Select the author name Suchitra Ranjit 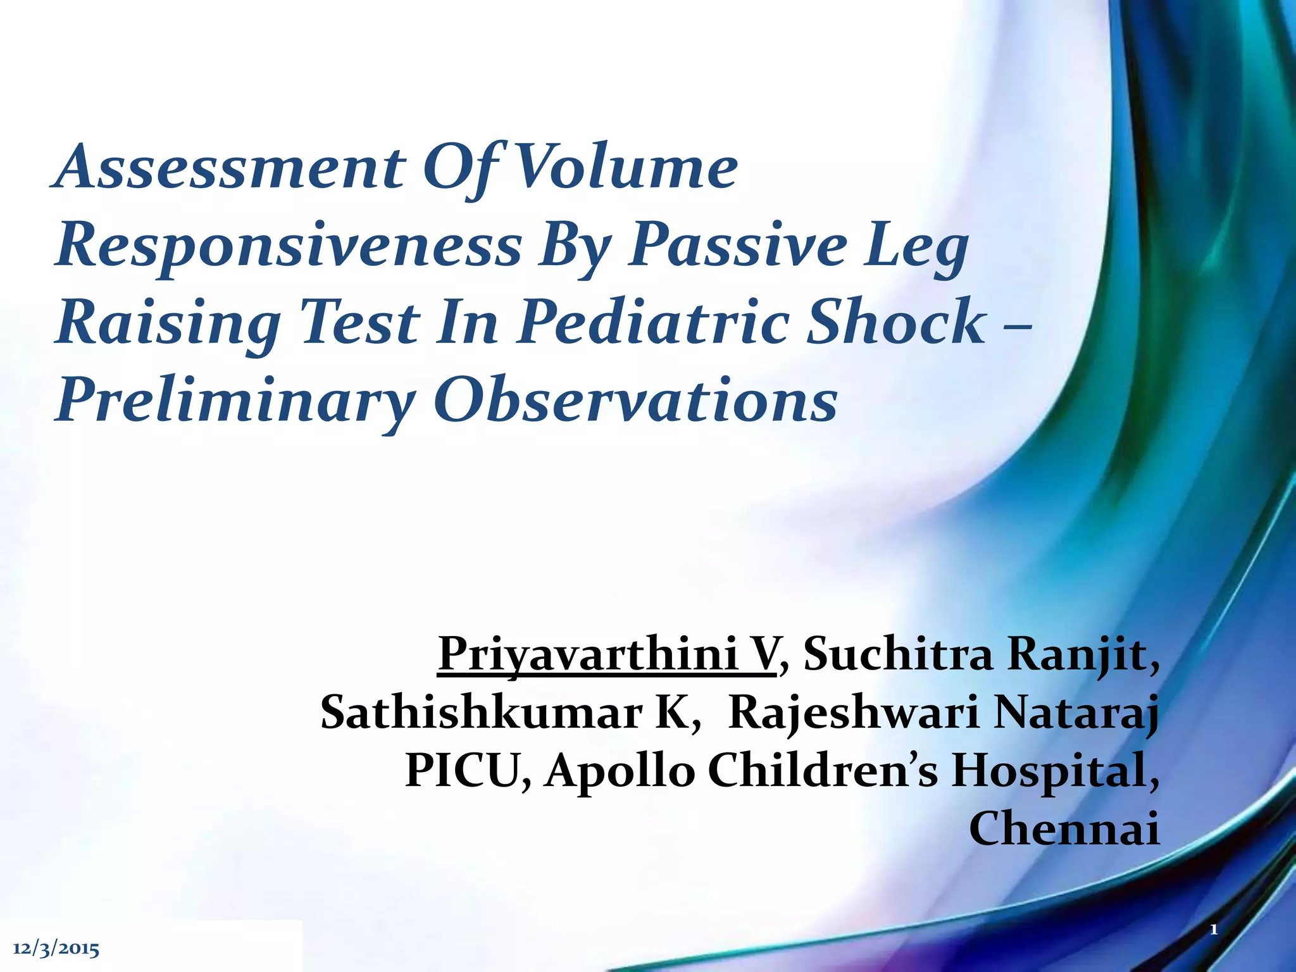(x=981, y=654)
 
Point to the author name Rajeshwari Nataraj (x=943, y=713)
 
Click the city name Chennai (x=1064, y=828)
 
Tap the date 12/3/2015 (x=56, y=949)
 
